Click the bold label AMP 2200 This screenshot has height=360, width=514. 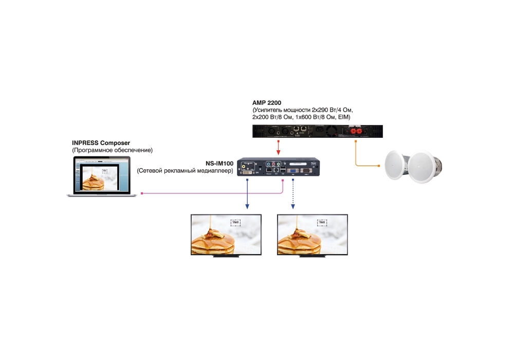[267, 103]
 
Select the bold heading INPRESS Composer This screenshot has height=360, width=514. [101, 142]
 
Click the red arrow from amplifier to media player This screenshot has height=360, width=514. [278, 148]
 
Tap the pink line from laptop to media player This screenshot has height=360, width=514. [211, 194]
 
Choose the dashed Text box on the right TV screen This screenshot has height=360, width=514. [322, 222]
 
